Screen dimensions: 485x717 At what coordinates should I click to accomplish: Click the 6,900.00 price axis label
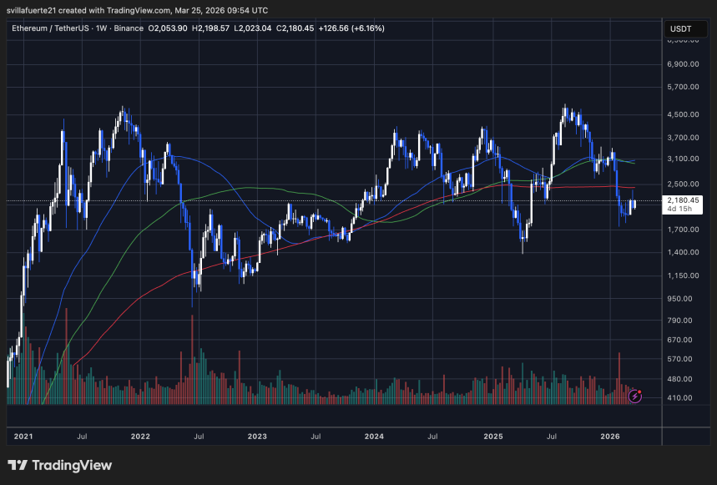(684, 63)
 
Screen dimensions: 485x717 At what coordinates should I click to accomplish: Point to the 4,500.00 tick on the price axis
(684, 114)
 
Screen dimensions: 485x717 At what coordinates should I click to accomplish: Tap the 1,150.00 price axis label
(684, 275)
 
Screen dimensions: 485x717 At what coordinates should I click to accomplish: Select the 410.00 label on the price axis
(684, 397)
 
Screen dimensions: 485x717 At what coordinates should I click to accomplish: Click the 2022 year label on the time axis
(140, 436)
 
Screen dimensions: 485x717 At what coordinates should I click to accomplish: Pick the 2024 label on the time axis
(374, 436)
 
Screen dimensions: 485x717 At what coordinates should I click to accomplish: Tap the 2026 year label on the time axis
(610, 436)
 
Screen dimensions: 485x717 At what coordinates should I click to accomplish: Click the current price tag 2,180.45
(684, 200)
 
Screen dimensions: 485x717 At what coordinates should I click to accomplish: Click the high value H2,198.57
(210, 28)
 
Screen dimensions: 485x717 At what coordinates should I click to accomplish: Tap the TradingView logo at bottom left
(59, 465)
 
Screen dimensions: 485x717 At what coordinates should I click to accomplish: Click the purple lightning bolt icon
(634, 396)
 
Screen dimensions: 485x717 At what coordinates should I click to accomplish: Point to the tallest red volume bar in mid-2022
(193, 359)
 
